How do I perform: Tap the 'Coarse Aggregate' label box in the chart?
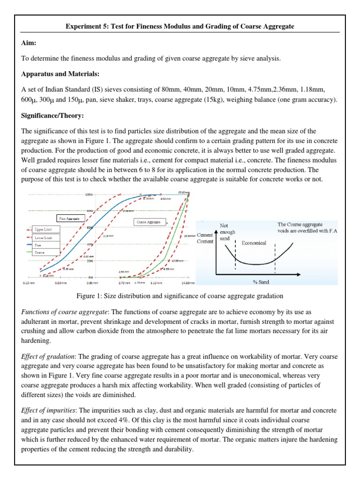coord(149,222)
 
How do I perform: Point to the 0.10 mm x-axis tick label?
coord(29,283)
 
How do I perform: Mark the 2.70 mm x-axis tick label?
coord(124,283)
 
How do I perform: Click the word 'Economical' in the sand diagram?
coord(254,243)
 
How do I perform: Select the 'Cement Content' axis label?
coord(205,238)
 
